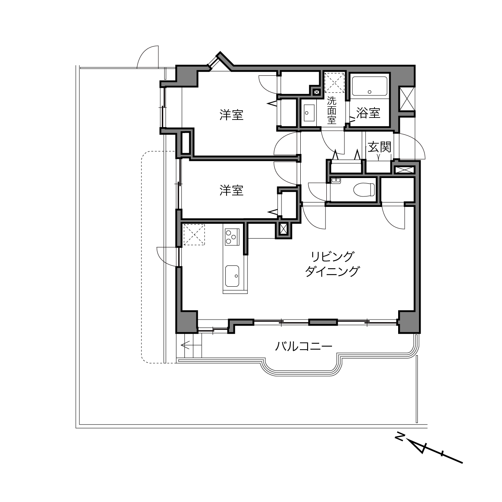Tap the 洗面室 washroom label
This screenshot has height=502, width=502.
(x=332, y=110)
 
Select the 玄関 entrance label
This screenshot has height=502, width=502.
(x=379, y=147)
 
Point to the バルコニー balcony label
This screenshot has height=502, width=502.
(x=304, y=346)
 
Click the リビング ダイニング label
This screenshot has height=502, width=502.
(x=332, y=264)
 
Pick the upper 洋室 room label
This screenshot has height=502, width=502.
(x=231, y=115)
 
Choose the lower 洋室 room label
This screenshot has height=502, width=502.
(x=231, y=190)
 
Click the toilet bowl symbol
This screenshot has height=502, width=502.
(x=364, y=189)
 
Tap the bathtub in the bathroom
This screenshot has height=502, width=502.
(x=369, y=87)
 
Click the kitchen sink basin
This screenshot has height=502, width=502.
(x=232, y=276)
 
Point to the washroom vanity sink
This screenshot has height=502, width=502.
(x=310, y=113)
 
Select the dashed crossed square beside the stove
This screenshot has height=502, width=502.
(x=194, y=235)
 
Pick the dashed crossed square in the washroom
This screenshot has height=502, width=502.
(x=334, y=83)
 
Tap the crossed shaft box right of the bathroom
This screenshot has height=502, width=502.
(x=407, y=99)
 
